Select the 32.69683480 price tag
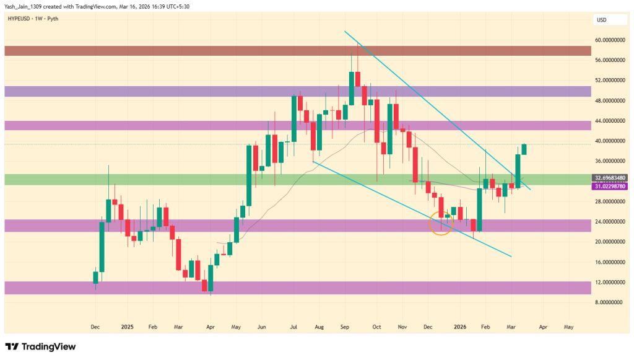[x=610, y=178]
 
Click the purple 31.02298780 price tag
[x=610, y=186]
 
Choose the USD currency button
[x=601, y=20]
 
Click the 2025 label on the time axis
[x=127, y=326]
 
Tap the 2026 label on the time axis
[x=459, y=326]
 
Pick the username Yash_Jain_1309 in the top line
[x=25, y=7]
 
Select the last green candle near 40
[x=524, y=149]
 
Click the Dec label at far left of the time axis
[x=95, y=326]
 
